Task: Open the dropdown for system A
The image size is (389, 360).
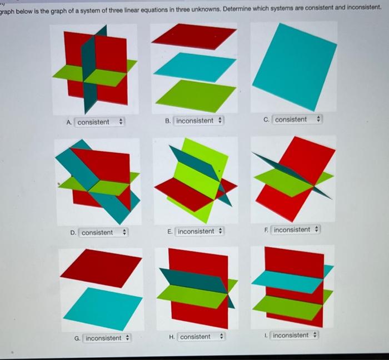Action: tap(99, 122)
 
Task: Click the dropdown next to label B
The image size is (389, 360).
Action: tap(198, 121)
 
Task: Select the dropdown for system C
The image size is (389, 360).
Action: tap(297, 119)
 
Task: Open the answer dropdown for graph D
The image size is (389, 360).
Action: tap(103, 233)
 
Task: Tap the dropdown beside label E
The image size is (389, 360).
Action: tap(200, 231)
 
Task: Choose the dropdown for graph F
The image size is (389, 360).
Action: tap(295, 229)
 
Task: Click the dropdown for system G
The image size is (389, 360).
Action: tap(107, 338)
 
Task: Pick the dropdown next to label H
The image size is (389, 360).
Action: tap(201, 337)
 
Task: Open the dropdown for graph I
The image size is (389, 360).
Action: tap(294, 335)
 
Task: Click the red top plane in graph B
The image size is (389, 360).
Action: tap(194, 37)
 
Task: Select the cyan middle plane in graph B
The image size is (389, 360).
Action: tap(194, 67)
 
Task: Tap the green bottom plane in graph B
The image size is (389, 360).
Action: tap(196, 96)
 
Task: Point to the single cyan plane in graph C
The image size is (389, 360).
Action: tap(295, 67)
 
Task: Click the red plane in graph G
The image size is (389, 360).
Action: tap(101, 268)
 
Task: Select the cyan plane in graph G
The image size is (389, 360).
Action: tap(103, 309)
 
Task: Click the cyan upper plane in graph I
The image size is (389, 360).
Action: tap(288, 282)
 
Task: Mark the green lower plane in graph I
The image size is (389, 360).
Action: tap(288, 307)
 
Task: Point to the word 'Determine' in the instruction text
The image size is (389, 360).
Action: tap(237, 9)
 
